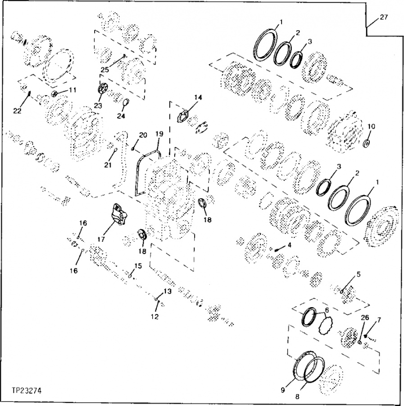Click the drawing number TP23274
27,391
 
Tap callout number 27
384,17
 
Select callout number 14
198,97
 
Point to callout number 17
101,239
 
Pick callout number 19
159,134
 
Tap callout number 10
372,126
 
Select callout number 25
105,69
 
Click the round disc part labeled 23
102,89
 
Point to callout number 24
121,116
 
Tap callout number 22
17,111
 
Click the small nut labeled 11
55,94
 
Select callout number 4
289,244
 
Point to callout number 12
155,316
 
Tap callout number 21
108,165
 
